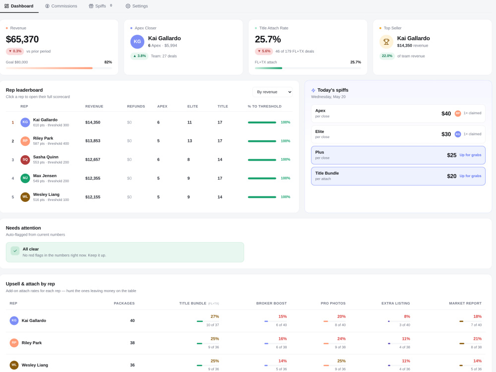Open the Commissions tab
[61, 6]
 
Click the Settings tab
[137, 6]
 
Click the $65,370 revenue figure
[22, 39]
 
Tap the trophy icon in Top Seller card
[386, 42]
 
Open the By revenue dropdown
[272, 92]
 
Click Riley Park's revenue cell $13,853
[93, 141]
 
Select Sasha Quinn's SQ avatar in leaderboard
[25, 160]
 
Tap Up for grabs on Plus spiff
[470, 155]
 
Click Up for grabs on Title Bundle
[470, 176]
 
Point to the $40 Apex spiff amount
[446, 114]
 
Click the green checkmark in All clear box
[15, 250]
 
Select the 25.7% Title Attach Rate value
[268, 39]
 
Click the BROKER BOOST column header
[271, 304]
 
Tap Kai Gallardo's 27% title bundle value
[215, 316]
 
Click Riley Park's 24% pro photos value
[341, 339]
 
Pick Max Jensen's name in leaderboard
[45, 176]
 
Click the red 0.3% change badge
[15, 51]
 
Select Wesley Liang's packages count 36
[132, 365]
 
